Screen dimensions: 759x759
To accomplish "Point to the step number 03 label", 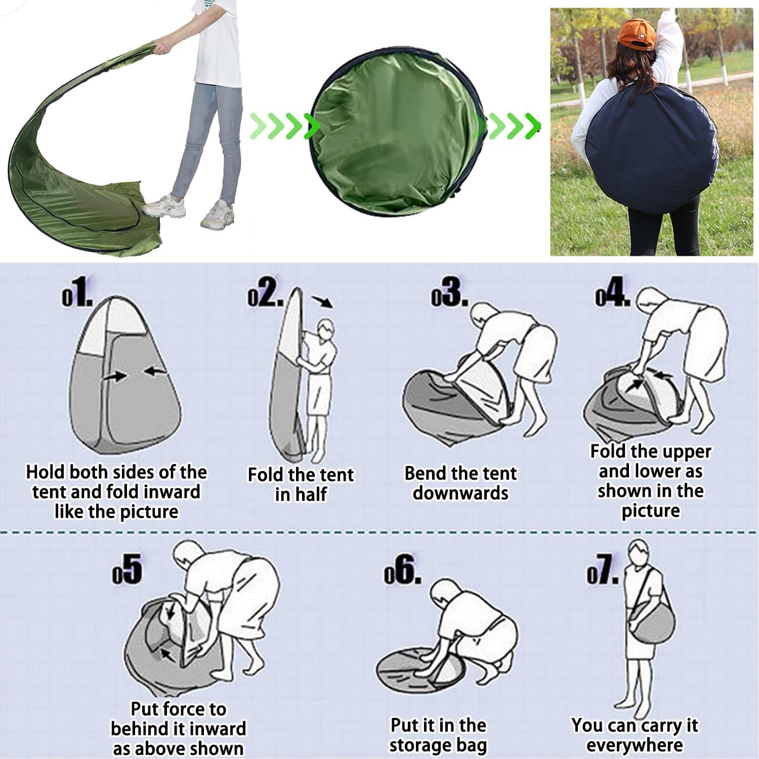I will coord(449,294).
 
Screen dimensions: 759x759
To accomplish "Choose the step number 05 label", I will coord(127,569).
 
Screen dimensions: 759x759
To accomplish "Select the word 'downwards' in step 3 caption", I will coord(460,493).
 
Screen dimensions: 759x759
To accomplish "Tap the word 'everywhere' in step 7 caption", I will coord(635,745).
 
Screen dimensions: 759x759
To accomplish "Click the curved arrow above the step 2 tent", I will coord(322,302).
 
